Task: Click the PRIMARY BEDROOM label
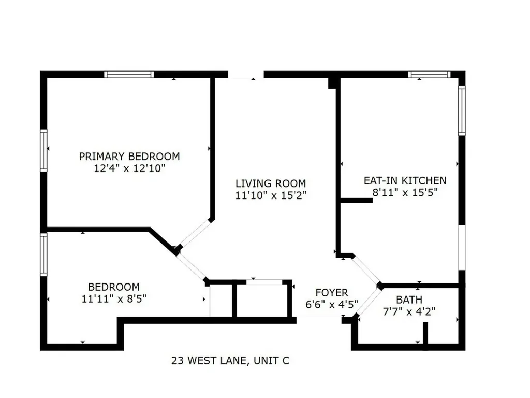click(x=129, y=156)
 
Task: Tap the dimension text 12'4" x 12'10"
click(x=129, y=168)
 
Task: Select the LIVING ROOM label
click(x=271, y=183)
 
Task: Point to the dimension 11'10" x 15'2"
click(x=271, y=195)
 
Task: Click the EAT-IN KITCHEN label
click(x=405, y=180)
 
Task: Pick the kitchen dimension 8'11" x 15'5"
click(x=405, y=192)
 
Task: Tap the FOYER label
click(x=332, y=293)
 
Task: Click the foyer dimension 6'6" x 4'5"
click(x=332, y=305)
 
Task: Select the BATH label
click(x=409, y=300)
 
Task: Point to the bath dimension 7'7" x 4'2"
click(x=409, y=311)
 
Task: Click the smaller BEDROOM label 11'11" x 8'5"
click(x=113, y=287)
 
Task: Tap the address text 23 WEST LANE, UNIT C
click(x=230, y=360)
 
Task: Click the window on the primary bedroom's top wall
click(x=129, y=75)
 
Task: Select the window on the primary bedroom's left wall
click(x=44, y=150)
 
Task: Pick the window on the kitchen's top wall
click(x=429, y=75)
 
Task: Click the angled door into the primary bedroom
click(x=195, y=234)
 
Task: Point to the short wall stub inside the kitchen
click(x=356, y=200)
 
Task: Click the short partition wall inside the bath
click(x=425, y=334)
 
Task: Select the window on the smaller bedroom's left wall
click(x=44, y=254)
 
